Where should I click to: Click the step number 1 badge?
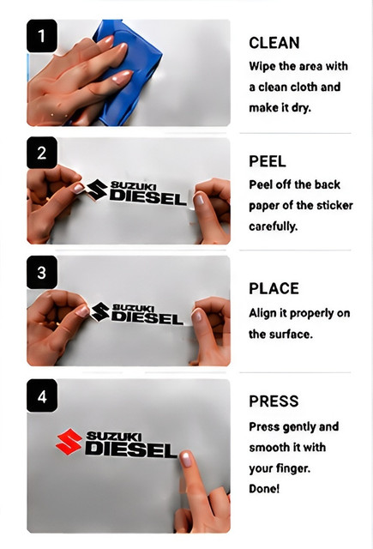pyautogui.click(x=42, y=36)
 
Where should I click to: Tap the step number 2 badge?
pyautogui.click(x=42, y=153)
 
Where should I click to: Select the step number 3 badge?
pyautogui.click(x=42, y=273)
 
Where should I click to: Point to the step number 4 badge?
pyautogui.click(x=42, y=395)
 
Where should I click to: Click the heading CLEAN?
pyautogui.click(x=274, y=43)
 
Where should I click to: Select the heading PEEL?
pyautogui.click(x=268, y=161)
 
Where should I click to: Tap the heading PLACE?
pyautogui.click(x=274, y=289)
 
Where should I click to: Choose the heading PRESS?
pyautogui.click(x=274, y=401)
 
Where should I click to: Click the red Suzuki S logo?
pyautogui.click(x=69, y=442)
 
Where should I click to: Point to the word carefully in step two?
pyautogui.click(x=274, y=226)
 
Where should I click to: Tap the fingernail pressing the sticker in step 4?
pyautogui.click(x=185, y=459)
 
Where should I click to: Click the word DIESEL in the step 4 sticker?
pyautogui.click(x=131, y=449)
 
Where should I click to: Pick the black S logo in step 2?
pyautogui.click(x=97, y=190)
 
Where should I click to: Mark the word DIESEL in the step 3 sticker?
pyautogui.click(x=147, y=318)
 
